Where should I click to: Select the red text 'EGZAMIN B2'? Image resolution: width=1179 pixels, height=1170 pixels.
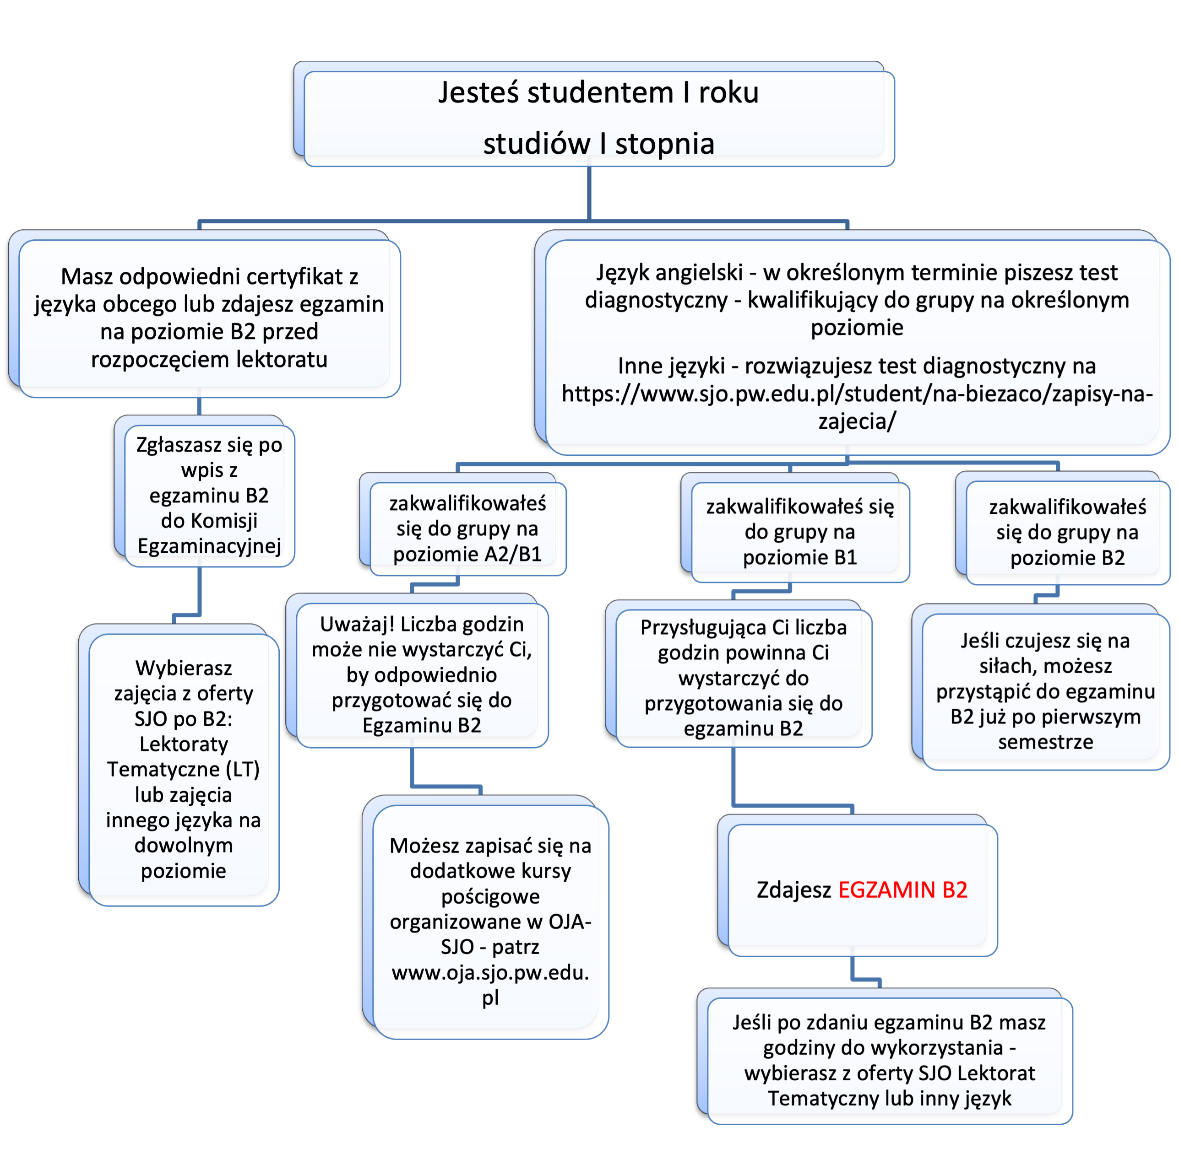click(902, 890)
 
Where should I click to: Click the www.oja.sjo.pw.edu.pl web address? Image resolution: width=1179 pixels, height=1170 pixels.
click(491, 985)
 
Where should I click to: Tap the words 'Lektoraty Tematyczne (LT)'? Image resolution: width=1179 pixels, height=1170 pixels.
click(184, 757)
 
